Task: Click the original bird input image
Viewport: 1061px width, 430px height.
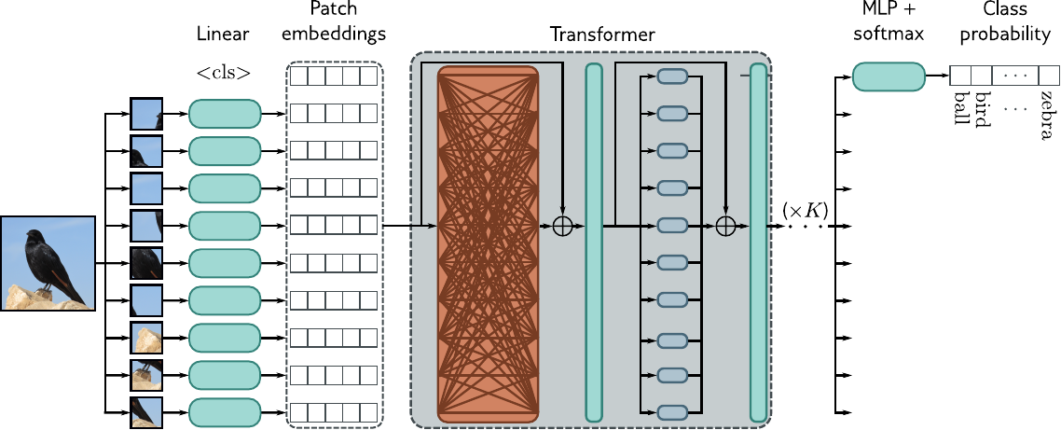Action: pos(48,263)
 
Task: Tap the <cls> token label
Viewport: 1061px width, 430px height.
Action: pos(224,73)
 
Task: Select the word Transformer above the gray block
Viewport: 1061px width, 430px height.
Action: pos(602,35)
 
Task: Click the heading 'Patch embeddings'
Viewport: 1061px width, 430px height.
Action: pos(335,21)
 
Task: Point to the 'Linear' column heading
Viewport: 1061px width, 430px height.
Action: pos(223,35)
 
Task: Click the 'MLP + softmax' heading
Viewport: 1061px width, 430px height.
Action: pos(889,21)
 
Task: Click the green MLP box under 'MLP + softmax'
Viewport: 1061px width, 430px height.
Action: pos(889,76)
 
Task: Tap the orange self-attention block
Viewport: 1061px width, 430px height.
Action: pos(488,243)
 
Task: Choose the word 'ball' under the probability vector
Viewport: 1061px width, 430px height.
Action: pos(961,104)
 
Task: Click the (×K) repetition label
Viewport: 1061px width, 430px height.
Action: pos(805,210)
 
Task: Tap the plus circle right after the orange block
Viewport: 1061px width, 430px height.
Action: pos(563,226)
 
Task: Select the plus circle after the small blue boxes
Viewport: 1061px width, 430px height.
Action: pos(725,226)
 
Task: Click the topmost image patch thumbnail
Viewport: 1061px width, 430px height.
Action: pos(146,114)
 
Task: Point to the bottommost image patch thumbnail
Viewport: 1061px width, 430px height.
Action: pos(146,411)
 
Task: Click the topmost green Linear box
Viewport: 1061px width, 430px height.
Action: pos(224,114)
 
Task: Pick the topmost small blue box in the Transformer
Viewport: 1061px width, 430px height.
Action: pos(672,76)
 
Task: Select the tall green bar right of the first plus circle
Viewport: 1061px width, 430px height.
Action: pos(593,243)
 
